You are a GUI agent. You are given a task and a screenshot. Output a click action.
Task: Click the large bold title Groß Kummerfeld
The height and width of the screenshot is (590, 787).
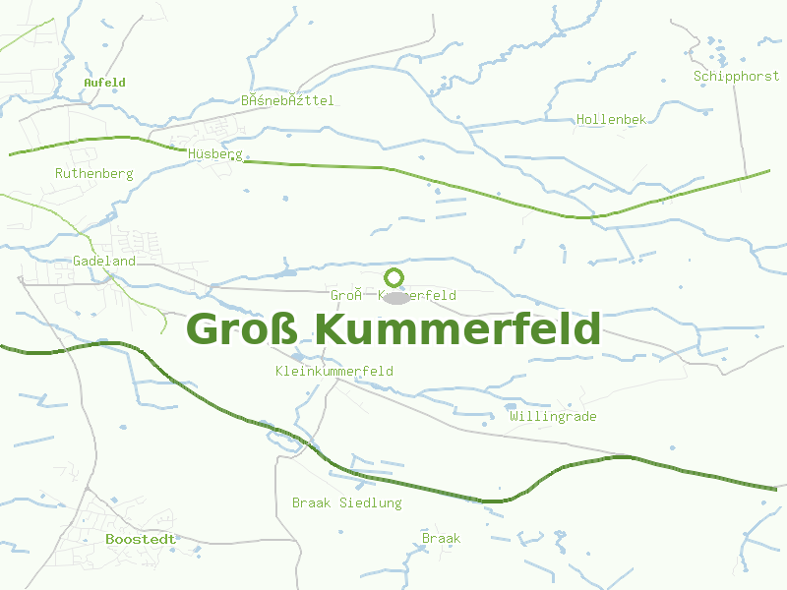click(393, 329)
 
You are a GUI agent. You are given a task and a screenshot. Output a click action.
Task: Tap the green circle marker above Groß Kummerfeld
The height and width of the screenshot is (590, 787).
click(394, 276)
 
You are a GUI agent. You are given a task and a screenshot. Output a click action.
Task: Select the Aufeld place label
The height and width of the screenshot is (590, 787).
click(104, 83)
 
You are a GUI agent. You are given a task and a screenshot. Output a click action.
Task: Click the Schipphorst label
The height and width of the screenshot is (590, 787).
click(736, 76)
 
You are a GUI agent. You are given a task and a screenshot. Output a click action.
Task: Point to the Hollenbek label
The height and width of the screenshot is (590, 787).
click(611, 119)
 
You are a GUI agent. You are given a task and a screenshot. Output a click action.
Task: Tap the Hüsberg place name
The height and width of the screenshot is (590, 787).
click(214, 154)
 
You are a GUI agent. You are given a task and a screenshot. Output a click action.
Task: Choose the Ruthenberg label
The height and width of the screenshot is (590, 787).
click(93, 173)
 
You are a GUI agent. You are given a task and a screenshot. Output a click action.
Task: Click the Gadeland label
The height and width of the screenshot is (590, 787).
click(103, 261)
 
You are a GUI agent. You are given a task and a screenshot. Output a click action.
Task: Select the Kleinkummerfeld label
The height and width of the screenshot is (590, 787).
click(334, 371)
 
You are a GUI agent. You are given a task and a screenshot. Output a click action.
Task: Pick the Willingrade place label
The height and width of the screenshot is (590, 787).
click(553, 416)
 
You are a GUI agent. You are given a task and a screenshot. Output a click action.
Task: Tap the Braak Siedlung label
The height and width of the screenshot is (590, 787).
click(346, 502)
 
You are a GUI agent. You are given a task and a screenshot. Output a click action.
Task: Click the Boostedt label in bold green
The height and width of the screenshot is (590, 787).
click(140, 539)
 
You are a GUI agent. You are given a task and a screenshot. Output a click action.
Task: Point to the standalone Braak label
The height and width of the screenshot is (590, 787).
click(441, 538)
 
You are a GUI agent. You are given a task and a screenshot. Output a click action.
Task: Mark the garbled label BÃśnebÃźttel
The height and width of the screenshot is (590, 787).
click(287, 100)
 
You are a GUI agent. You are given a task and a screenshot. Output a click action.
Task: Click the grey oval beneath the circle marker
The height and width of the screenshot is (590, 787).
click(394, 296)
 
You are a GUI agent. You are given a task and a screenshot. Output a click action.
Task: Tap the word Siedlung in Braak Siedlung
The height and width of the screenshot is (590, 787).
click(371, 502)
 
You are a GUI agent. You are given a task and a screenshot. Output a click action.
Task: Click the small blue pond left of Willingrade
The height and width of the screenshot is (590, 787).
click(510, 406)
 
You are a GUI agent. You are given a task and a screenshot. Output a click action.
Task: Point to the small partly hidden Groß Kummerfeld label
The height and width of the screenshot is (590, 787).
click(393, 295)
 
